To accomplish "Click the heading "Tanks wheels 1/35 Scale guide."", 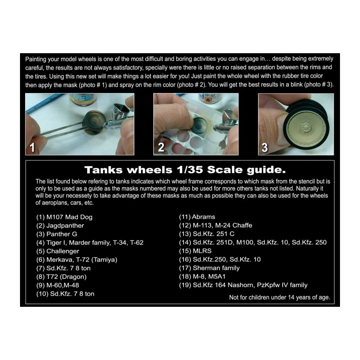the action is pos(185,170).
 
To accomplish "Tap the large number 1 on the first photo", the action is pos(32,147).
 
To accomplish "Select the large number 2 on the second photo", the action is pos(161,147).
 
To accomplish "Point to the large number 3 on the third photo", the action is pos(265,148).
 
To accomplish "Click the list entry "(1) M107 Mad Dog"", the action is pos(64,217).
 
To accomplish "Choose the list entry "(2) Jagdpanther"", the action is pos(60,226).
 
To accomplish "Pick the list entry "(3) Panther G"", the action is pos(56,234).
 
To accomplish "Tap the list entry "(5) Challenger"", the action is pos(57,251).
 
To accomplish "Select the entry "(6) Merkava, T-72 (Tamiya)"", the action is pos(77,260).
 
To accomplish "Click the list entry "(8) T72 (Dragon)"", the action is pos(61,277).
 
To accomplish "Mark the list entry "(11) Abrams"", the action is pos(197,217).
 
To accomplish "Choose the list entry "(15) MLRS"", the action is pos(195,251).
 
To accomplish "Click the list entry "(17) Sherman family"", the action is pos(209,268).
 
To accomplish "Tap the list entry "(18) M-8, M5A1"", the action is pos(202,276).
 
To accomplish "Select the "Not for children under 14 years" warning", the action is pos(280,298).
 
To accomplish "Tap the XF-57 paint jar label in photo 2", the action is pos(209,98).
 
